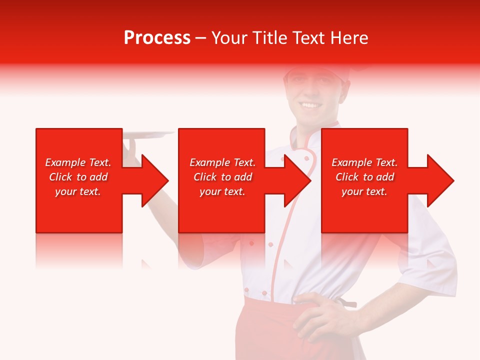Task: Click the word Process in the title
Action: click(157, 38)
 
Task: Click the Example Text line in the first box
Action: click(78, 162)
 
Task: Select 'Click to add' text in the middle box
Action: click(222, 177)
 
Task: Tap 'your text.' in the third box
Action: click(364, 191)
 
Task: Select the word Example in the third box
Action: click(351, 162)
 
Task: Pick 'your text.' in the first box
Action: click(78, 191)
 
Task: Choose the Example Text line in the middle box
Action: click(222, 162)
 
